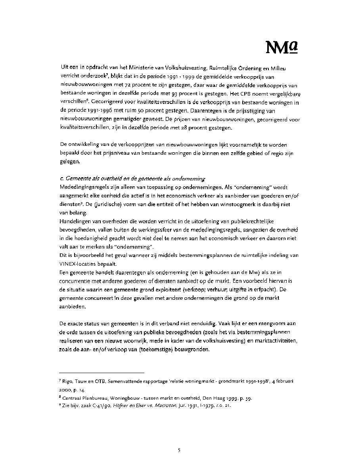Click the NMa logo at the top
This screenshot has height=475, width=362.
[283, 48]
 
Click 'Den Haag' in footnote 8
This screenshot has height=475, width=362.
[203, 398]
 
